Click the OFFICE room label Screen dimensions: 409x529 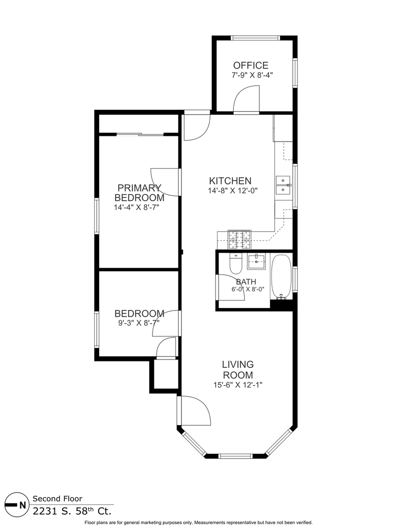(251, 66)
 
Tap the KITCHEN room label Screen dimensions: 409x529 (230, 181)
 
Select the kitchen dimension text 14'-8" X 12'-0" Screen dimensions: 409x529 (233, 191)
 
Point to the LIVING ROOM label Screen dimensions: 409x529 (238, 370)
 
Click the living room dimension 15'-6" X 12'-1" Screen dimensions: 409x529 (238, 385)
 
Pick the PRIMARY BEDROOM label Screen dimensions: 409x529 (139, 192)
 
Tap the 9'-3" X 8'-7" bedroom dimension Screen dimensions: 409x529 (138, 323)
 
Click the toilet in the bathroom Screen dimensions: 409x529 (235, 264)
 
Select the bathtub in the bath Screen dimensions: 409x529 (281, 277)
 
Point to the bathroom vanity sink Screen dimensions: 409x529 (256, 261)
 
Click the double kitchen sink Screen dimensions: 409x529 (283, 186)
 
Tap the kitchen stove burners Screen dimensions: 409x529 (239, 240)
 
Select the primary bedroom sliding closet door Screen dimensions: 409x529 (140, 135)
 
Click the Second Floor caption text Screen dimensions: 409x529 (57, 499)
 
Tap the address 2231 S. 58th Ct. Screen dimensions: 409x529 (72, 511)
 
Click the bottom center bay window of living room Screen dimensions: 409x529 (235, 456)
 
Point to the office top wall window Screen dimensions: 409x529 (256, 38)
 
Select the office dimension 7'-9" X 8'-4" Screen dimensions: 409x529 (252, 75)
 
